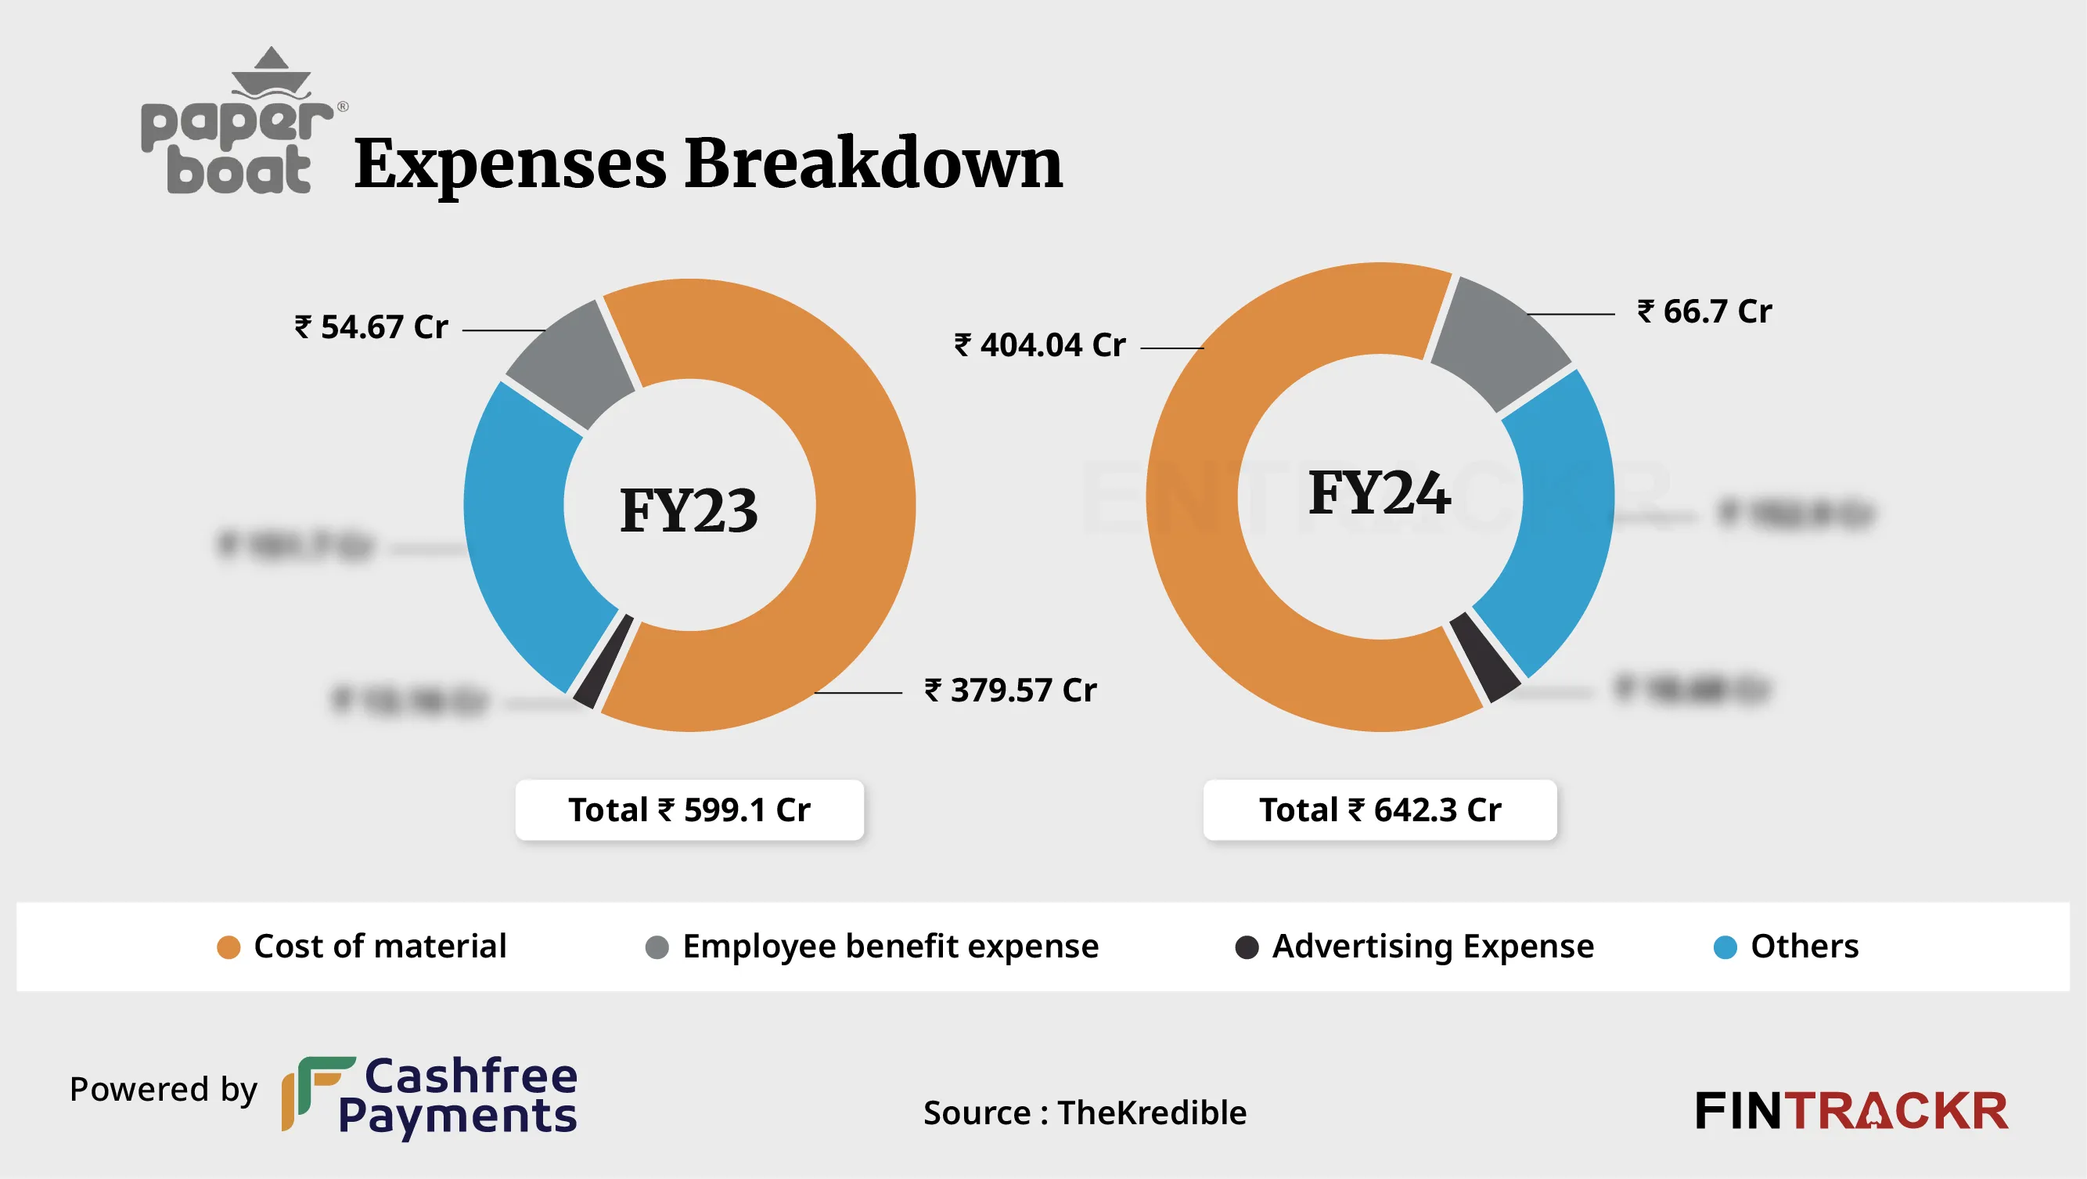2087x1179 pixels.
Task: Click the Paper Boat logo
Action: coord(237,125)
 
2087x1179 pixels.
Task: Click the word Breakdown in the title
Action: coord(873,164)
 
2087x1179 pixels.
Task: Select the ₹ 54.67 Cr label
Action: coord(372,327)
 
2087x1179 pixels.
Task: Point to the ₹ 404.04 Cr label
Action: coord(1039,345)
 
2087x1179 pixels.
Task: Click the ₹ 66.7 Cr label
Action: coord(1704,312)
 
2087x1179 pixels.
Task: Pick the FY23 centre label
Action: coord(689,510)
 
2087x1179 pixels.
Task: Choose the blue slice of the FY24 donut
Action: coord(1552,518)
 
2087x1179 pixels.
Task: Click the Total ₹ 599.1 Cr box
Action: coord(689,809)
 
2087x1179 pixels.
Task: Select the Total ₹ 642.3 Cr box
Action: coord(1380,809)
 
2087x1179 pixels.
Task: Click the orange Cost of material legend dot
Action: coord(228,947)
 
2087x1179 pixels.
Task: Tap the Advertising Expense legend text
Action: coord(1432,946)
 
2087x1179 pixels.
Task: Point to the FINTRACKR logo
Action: coord(1851,1111)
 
